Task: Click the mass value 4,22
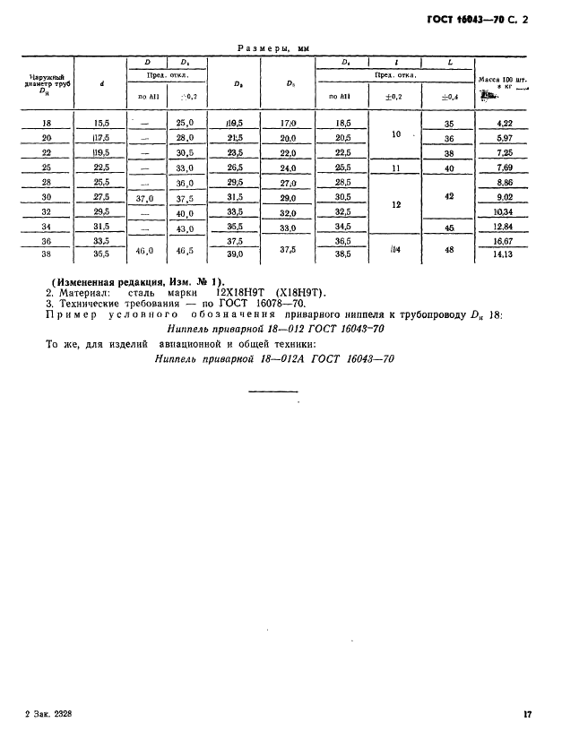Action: (505, 124)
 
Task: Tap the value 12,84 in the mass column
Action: (505, 228)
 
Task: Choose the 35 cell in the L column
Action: (449, 124)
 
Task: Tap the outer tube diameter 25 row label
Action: (47, 168)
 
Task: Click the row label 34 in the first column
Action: (47, 228)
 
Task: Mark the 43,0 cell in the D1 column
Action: (186, 228)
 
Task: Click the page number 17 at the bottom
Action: (527, 714)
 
